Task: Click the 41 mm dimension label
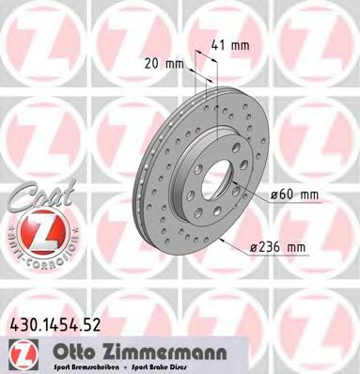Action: [231, 43]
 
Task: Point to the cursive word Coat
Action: [34, 196]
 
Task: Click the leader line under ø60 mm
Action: [291, 203]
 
